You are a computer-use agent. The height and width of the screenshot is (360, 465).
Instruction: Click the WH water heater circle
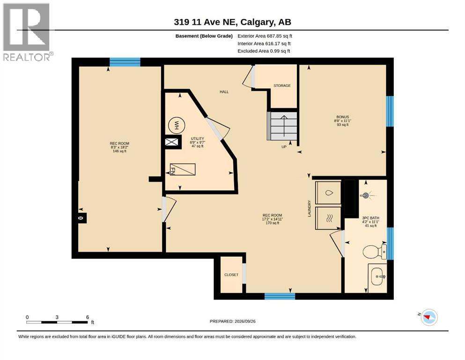(176, 125)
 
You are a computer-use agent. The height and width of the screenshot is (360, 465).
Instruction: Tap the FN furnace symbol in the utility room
(183, 169)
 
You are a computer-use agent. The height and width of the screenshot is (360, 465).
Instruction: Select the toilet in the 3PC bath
(375, 251)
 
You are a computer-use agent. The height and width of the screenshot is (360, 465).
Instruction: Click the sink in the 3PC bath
(377, 277)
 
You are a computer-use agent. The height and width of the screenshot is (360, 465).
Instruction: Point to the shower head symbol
(366, 195)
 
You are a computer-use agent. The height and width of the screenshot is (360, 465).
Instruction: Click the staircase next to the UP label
(282, 126)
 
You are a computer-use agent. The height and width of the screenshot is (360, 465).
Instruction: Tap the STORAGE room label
(282, 85)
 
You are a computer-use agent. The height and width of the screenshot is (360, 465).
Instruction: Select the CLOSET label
(231, 275)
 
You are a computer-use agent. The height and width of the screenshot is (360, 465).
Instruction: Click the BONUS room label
(342, 117)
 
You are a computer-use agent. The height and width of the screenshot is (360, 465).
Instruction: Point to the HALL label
(224, 92)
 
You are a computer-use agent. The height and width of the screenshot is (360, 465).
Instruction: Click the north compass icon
(429, 317)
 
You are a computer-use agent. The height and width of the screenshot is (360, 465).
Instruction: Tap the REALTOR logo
(27, 32)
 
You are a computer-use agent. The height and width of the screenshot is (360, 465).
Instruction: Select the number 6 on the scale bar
(88, 317)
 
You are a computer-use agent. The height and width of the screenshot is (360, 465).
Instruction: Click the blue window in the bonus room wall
(390, 111)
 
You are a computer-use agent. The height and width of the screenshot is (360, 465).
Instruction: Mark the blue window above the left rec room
(125, 62)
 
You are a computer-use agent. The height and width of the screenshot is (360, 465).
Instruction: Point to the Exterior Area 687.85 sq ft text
(265, 36)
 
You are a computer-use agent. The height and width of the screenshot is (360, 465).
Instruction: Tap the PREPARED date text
(232, 321)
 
